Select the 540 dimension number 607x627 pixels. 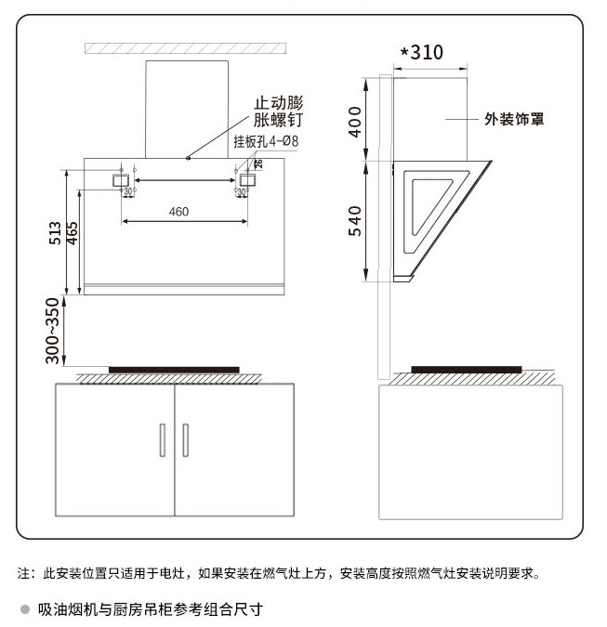click(x=355, y=220)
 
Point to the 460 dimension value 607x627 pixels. click(x=178, y=212)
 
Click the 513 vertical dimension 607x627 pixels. click(x=55, y=232)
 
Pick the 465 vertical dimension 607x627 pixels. click(x=72, y=232)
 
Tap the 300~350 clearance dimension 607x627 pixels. click(x=54, y=330)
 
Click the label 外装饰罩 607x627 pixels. click(x=514, y=119)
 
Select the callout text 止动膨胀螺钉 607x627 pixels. click(x=279, y=111)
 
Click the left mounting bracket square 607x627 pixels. click(x=122, y=178)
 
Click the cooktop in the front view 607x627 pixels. click(x=173, y=370)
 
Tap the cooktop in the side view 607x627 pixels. click(x=466, y=369)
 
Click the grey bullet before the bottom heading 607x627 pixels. click(x=25, y=610)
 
